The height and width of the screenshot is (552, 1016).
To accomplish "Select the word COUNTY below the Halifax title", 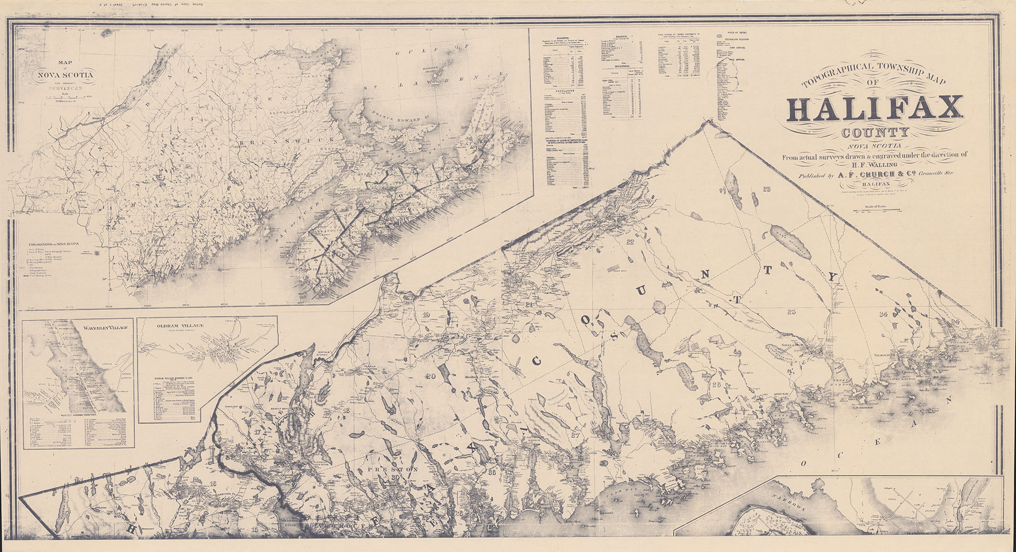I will pyautogui.click(x=875, y=133).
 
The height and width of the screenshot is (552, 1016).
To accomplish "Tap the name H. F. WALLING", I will pyautogui.click(x=876, y=164).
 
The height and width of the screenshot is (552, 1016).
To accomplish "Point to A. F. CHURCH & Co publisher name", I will pyautogui.click(x=876, y=174).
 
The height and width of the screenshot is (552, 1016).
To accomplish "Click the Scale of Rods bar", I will pyautogui.click(x=877, y=210).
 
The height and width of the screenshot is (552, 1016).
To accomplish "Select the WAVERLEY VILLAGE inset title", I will pyautogui.click(x=105, y=328).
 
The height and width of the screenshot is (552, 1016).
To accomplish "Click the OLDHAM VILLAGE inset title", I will pyautogui.click(x=180, y=326).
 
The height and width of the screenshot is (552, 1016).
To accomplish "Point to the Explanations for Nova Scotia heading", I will pyautogui.click(x=54, y=244).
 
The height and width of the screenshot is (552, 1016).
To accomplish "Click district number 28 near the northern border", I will pyautogui.click(x=767, y=189).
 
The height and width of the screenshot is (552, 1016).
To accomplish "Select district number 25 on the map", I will pyautogui.click(x=791, y=312).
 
